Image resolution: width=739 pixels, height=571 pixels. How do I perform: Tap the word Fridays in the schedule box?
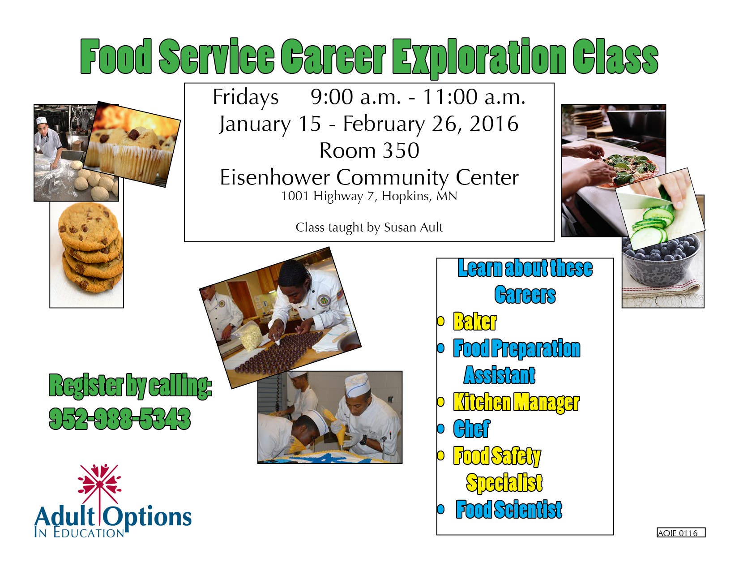[246, 98]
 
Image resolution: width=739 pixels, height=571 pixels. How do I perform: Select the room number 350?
[401, 150]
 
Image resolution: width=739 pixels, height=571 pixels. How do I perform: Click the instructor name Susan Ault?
[413, 228]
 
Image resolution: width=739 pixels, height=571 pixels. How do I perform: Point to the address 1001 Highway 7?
[328, 197]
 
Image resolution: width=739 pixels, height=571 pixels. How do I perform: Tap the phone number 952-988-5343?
[120, 419]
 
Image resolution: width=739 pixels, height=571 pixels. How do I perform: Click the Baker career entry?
[475, 321]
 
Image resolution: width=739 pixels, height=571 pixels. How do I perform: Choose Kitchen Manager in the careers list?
[517, 403]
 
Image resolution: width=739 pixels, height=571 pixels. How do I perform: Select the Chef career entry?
[472, 429]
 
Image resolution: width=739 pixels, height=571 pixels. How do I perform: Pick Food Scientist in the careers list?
[509, 510]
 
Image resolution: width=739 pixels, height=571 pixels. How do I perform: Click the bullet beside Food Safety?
[441, 455]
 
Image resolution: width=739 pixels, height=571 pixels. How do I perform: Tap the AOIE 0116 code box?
[681, 532]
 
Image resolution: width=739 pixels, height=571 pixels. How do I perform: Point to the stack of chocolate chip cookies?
[90, 247]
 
